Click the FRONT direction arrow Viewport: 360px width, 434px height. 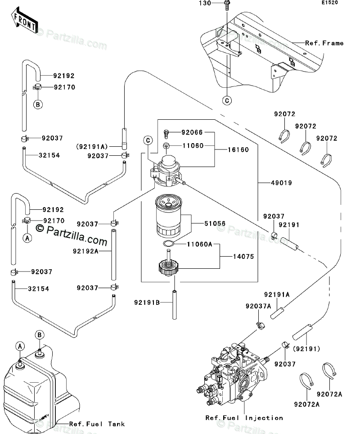point(24,20)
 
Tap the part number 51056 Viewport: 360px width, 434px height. point(215,223)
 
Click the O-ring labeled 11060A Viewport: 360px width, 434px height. point(168,244)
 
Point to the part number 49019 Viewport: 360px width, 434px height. point(281,183)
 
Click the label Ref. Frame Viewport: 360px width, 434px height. point(324,43)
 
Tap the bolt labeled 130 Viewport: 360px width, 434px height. point(227,5)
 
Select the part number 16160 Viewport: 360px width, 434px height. point(238,149)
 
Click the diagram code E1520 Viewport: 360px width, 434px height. point(329,3)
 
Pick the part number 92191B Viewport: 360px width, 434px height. point(147,302)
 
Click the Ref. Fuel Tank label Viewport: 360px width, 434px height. point(97,424)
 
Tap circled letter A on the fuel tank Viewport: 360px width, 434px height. point(20,346)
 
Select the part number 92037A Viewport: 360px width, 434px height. point(258,306)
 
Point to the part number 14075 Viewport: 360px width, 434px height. point(243,257)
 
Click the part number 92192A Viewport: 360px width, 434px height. point(86,251)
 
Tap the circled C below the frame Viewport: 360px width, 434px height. point(227,100)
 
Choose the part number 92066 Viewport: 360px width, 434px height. point(192,132)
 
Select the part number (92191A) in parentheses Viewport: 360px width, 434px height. point(92,146)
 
